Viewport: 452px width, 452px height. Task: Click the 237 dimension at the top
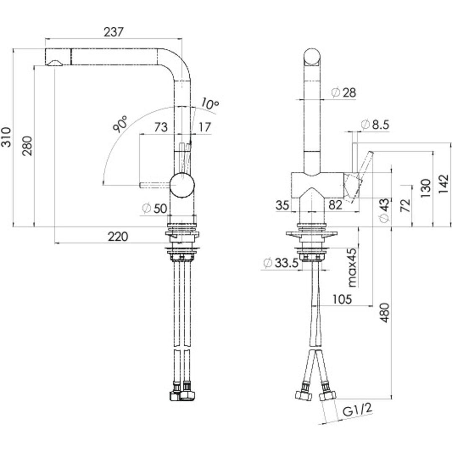(x=114, y=32)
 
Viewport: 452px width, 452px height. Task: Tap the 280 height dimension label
(x=27, y=146)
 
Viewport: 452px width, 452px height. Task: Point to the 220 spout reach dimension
(x=118, y=237)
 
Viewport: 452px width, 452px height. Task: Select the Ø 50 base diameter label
(x=155, y=208)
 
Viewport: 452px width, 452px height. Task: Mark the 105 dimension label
(x=342, y=299)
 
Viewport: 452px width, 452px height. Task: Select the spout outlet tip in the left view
(x=54, y=62)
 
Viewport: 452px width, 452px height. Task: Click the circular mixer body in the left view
(x=182, y=185)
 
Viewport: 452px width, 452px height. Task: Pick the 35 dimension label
(x=283, y=205)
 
